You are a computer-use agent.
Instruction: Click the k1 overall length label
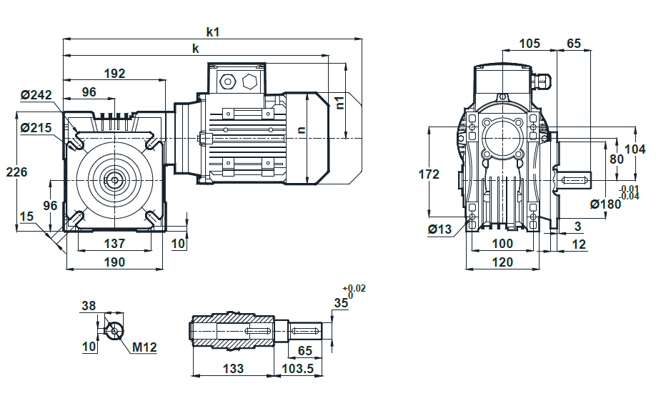pos(213,32)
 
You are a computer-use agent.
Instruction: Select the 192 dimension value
pos(114,74)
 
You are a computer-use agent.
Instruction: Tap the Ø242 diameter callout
pos(36,95)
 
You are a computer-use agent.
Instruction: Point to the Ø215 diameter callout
pos(36,127)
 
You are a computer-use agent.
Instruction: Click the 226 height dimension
pos(16,172)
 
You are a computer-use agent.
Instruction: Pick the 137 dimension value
pos(114,243)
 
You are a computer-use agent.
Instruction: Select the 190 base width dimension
pos(114,262)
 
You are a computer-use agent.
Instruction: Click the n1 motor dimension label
pos(340,102)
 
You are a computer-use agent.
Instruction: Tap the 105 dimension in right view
pos(530,43)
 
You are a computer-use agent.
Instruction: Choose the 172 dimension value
pos(429,174)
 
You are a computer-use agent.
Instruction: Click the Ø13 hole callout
pos(439,229)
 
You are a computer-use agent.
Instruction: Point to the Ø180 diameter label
pos(606,204)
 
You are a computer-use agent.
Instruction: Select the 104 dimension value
pos(635,149)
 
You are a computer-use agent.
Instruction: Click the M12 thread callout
pos(144,347)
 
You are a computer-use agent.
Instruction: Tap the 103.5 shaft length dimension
pos(297,369)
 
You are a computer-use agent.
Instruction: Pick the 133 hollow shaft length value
pos(233,369)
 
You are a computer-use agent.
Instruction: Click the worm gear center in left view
pos(114,180)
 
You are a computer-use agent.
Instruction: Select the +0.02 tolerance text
pos(354,288)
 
